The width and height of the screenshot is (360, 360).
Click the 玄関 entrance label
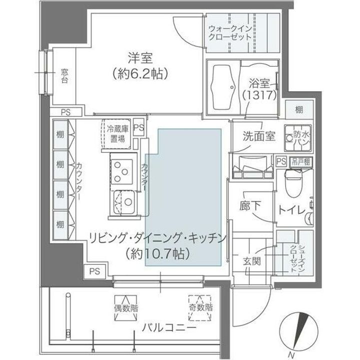point(251,260)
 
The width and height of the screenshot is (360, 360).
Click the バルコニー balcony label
point(168,328)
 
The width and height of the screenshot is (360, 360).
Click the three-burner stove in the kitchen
point(121,170)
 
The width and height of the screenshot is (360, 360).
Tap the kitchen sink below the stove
point(125,204)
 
